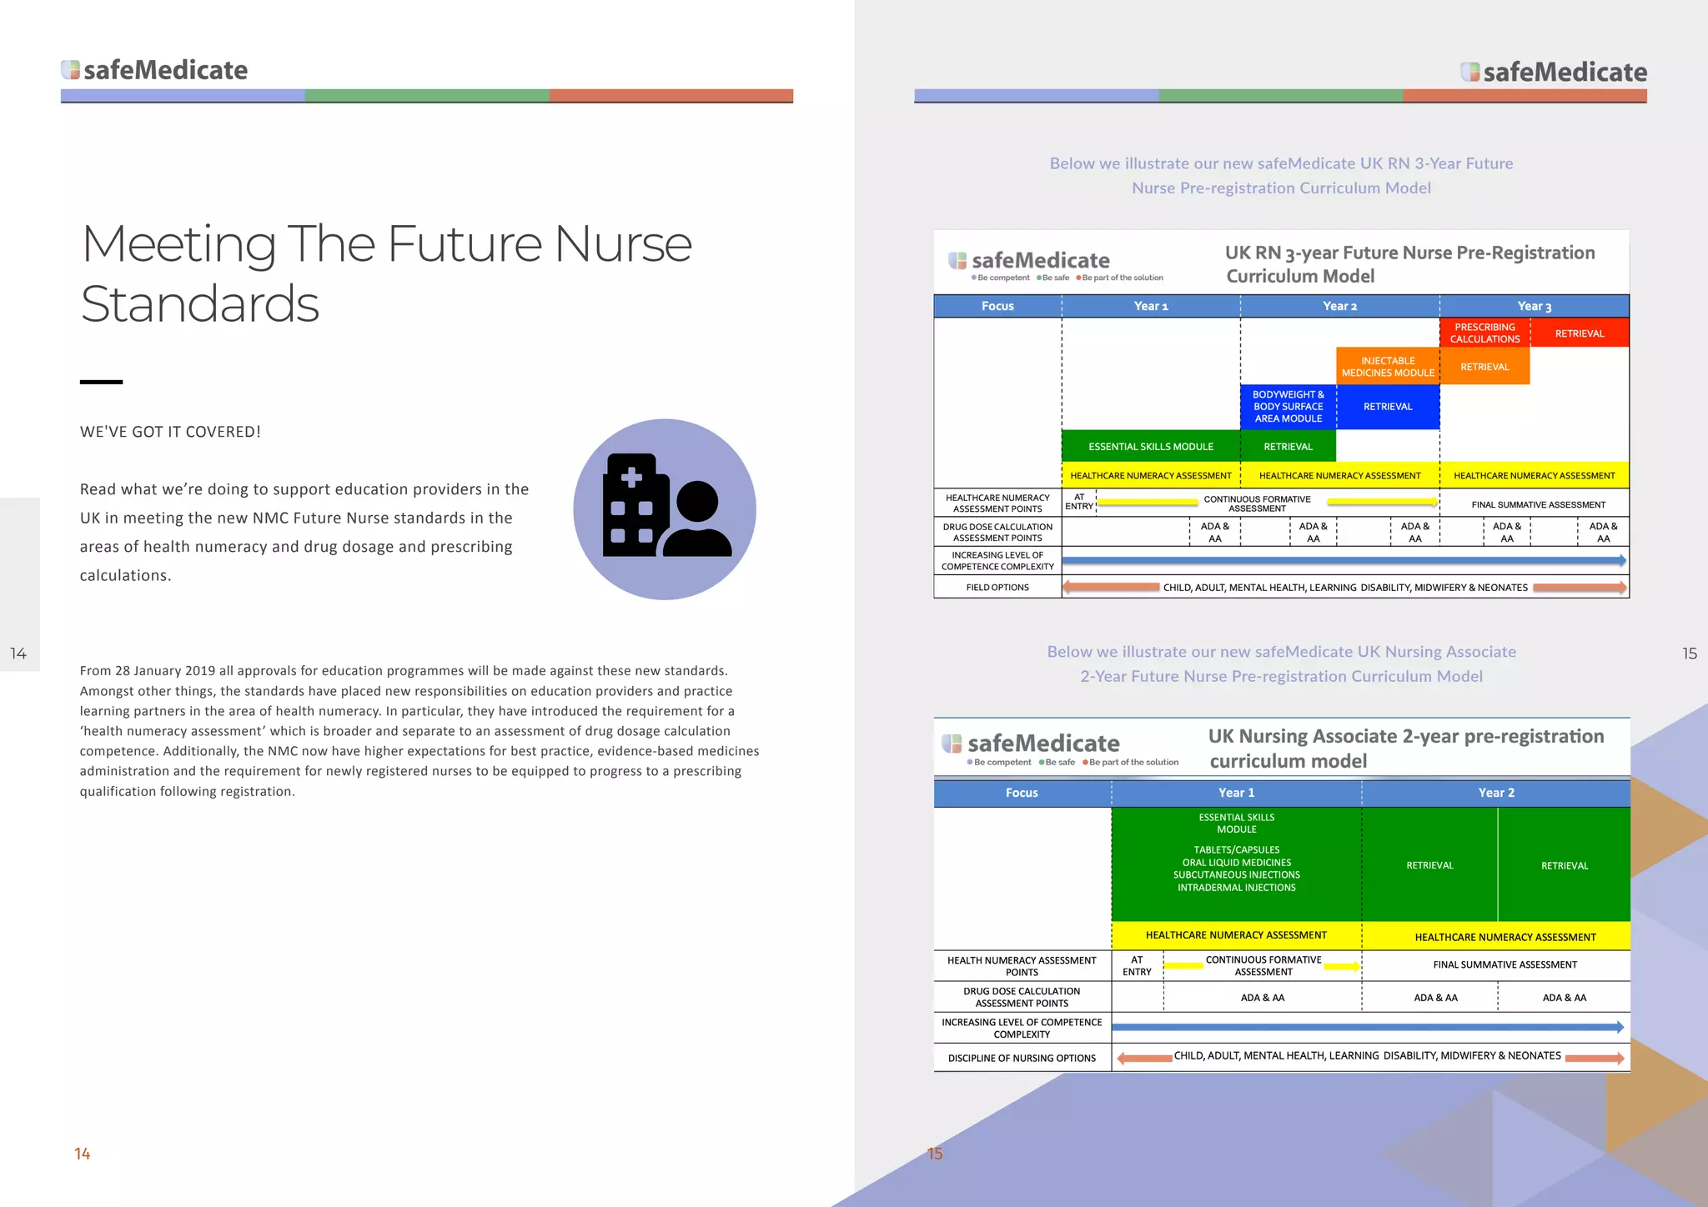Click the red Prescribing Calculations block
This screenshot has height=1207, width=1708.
pos(1484,333)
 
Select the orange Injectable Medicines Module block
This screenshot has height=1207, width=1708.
pos(1388,367)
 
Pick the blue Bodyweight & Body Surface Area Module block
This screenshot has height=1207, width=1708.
pos(1288,407)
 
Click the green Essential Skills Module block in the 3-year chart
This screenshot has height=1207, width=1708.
pos(1150,447)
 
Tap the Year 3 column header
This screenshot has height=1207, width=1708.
pos(1534,306)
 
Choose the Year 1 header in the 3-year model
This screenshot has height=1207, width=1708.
pos(1150,306)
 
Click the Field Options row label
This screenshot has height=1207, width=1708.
pos(997,588)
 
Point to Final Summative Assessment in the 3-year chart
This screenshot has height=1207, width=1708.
pos(1538,504)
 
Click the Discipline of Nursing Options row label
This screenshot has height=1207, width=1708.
pos(1022,1059)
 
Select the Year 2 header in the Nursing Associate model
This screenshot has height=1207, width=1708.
pos(1496,793)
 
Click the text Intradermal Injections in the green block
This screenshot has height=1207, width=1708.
pos(1236,888)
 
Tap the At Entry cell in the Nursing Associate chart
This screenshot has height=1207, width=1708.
pos(1137,966)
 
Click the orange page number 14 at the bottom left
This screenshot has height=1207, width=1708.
pos(83,1154)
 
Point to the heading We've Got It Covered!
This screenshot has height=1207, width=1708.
pos(170,432)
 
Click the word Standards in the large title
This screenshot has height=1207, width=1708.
pos(200,303)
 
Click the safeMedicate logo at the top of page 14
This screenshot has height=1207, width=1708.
pos(155,70)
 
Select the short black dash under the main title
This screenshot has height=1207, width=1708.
pos(101,382)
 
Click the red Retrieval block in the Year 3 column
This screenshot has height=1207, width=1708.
pos(1579,333)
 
